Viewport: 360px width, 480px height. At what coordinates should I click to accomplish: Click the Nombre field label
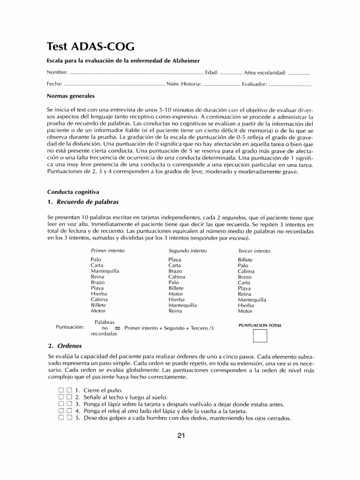point(57,73)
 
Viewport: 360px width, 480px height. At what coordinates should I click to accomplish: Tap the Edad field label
point(211,73)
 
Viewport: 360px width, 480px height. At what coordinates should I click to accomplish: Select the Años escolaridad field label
point(265,73)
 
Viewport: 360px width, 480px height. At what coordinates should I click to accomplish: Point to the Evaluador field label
point(255,84)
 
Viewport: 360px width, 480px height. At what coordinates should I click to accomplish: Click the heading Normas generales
point(71,96)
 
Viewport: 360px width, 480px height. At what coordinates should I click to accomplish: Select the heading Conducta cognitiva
point(73,192)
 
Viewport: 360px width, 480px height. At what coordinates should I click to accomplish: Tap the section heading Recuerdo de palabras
point(88,202)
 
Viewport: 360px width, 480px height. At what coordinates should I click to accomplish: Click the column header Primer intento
point(107,251)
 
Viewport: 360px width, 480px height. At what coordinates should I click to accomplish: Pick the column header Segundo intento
point(187,251)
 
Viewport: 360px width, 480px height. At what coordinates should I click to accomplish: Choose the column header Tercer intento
point(254,251)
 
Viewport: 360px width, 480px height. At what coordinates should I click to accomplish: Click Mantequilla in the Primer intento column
point(105,271)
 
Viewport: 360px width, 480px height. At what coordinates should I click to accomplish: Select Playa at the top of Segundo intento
point(175,260)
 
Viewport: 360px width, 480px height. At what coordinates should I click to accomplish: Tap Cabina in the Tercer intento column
point(246,271)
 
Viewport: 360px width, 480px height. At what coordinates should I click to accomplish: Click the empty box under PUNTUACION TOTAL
point(260,337)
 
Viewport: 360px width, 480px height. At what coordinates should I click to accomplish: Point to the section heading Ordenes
point(69,346)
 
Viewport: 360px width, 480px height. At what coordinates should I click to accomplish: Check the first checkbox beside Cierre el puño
point(61,390)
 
